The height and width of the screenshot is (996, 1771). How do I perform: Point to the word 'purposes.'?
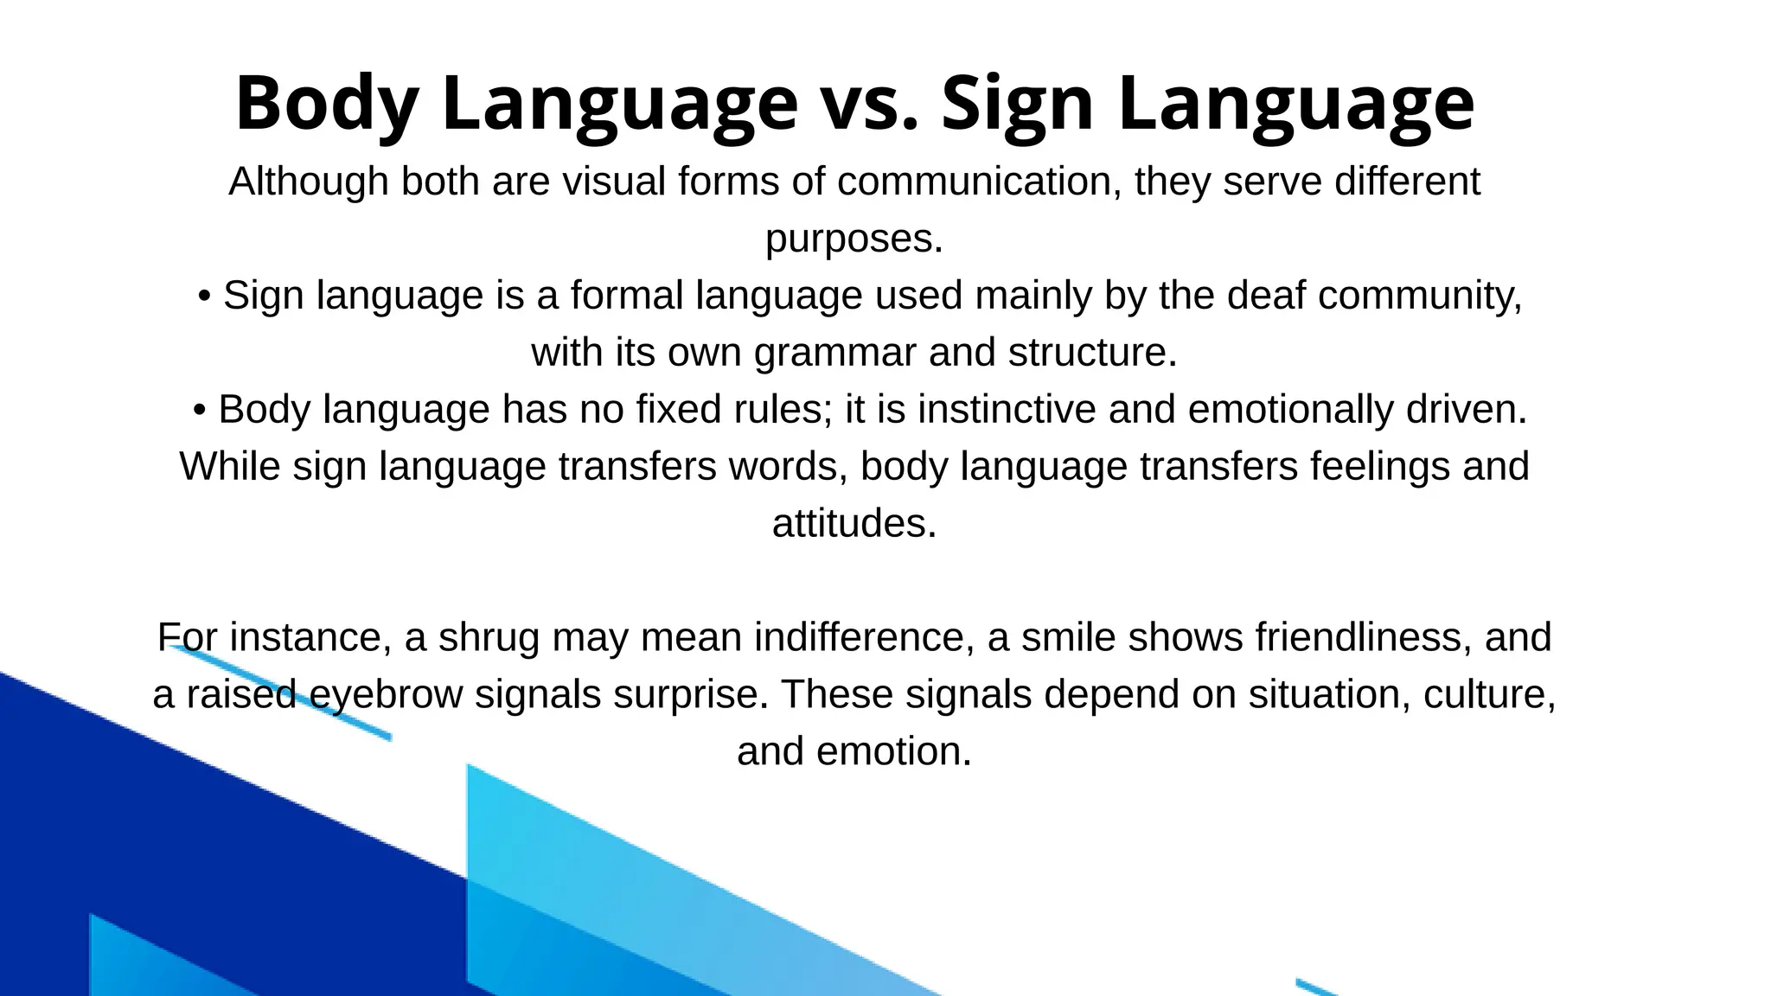click(x=854, y=239)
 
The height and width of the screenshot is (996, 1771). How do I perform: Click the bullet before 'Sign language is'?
click(x=204, y=297)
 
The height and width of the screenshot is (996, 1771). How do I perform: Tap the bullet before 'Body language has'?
click(x=200, y=411)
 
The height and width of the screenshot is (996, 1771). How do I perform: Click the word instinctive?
click(x=1007, y=410)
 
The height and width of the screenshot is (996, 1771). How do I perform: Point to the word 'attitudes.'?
click(x=854, y=524)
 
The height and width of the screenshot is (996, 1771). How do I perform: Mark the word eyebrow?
click(x=386, y=695)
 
